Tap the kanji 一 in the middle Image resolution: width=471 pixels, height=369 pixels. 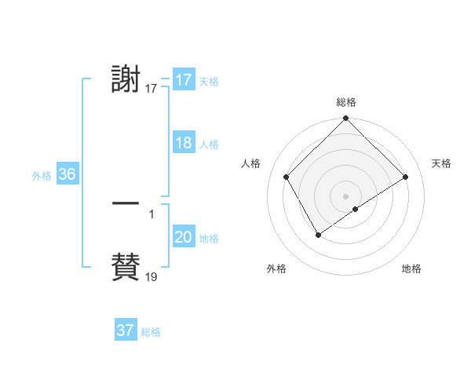[x=126, y=204]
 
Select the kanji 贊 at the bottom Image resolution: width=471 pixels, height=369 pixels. [x=126, y=267]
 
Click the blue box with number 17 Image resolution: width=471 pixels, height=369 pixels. [x=183, y=80]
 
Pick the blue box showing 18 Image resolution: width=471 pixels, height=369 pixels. [x=183, y=144]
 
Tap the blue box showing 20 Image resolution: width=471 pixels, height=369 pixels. [x=183, y=238]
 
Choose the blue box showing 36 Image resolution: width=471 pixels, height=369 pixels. [x=67, y=174]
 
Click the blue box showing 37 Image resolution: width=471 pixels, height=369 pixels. [x=126, y=331]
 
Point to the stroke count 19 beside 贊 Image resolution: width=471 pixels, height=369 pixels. [x=152, y=277]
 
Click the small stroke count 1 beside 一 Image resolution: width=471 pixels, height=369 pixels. [x=152, y=214]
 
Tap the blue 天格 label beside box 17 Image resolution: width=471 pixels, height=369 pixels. [x=209, y=82]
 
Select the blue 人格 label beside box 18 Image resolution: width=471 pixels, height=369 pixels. [x=209, y=144]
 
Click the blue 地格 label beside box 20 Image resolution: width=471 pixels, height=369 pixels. [x=209, y=239]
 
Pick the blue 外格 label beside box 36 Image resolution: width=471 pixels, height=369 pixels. [x=42, y=176]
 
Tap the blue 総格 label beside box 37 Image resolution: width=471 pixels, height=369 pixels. [x=151, y=332]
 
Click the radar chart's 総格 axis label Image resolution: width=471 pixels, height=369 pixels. [x=346, y=102]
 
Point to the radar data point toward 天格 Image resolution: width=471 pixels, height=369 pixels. [x=406, y=177]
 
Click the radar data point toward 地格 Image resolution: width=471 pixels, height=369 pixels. [x=356, y=209]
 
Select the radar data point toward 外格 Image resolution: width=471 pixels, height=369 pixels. [x=318, y=235]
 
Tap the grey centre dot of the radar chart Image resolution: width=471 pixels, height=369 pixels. [x=345, y=196]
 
